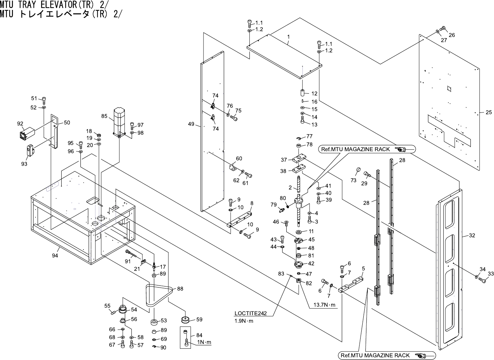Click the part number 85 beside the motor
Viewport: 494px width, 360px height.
[104, 116]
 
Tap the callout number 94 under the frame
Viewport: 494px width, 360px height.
[55, 255]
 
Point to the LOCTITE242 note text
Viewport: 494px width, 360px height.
[250, 313]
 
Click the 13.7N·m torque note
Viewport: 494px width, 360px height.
[324, 305]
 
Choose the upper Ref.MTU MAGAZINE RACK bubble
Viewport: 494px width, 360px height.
[367, 149]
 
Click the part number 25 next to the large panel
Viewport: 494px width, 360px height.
[489, 112]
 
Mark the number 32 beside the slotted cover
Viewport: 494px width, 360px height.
[472, 235]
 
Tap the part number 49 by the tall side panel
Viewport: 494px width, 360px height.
[191, 124]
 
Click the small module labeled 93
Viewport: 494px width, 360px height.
[30, 150]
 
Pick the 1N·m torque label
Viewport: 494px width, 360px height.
[205, 343]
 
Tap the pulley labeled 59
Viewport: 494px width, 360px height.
[186, 320]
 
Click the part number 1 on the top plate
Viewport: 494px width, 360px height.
[288, 37]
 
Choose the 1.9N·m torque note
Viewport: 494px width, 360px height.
[244, 321]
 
